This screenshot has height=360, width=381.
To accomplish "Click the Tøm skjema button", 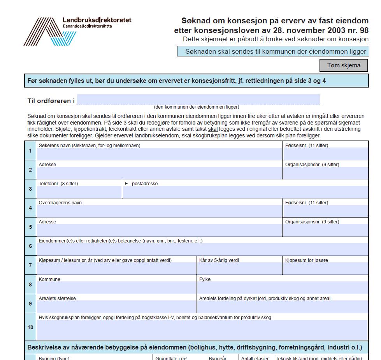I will tap(344, 65).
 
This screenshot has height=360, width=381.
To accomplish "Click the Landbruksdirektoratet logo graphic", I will tap(49, 32).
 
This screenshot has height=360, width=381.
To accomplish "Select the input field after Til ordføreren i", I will tap(198, 100).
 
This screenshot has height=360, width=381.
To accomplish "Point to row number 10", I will tap(30, 327).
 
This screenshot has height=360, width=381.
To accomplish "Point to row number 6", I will tap(30, 246).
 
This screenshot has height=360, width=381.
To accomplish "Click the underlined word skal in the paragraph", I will tap(212, 129).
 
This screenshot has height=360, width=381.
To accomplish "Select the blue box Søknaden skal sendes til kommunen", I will tap(273, 51).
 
